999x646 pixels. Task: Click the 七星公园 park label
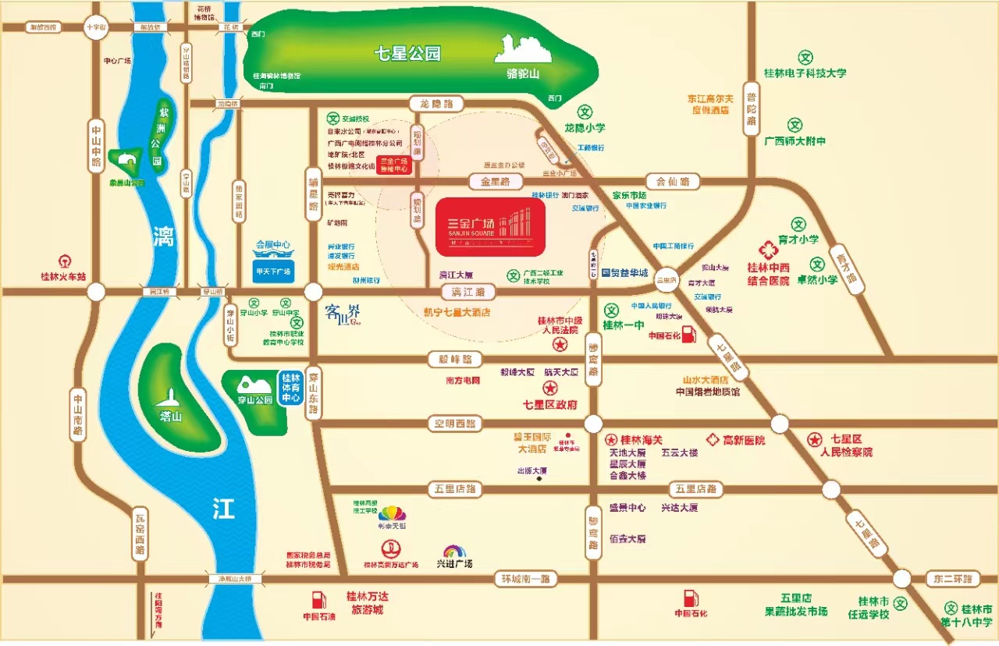tap(407, 54)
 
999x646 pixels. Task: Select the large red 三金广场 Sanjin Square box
tap(489, 224)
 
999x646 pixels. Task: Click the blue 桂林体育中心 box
tap(291, 388)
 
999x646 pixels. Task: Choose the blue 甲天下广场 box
tap(273, 272)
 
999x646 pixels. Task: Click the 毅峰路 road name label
tap(456, 360)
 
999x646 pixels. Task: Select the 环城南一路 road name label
tap(523, 579)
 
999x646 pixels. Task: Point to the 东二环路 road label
tap(952, 579)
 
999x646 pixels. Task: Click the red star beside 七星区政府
tap(550, 389)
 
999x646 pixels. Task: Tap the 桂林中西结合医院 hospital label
tap(769, 274)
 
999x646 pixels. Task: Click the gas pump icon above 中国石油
tap(318, 599)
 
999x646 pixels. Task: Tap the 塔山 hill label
tap(170, 417)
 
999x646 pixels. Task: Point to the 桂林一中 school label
tap(623, 325)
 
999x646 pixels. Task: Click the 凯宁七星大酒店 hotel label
tap(457, 312)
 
